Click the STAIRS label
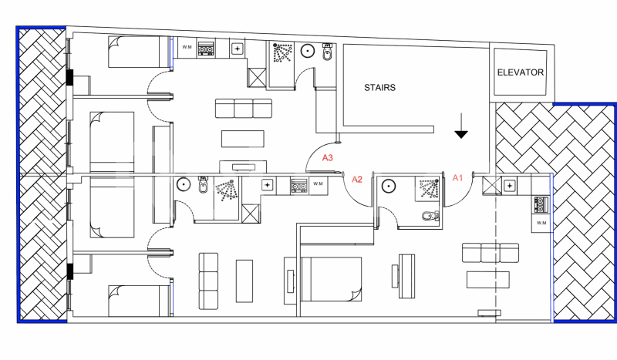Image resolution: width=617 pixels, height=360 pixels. (x=379, y=87)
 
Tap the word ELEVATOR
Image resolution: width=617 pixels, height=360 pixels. (x=520, y=72)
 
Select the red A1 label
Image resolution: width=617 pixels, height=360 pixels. (x=457, y=178)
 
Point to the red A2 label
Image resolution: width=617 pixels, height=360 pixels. (x=357, y=180)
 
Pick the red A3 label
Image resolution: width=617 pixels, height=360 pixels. (x=327, y=158)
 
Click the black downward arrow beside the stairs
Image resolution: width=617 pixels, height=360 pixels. (x=461, y=126)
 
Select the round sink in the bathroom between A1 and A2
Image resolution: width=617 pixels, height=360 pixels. (x=389, y=186)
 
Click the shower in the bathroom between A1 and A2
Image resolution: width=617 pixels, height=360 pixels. (x=428, y=188)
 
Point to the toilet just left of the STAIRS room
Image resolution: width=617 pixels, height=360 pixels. (x=327, y=52)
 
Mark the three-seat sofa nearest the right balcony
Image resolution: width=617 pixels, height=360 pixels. (x=491, y=253)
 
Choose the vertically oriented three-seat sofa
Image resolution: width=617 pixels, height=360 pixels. (x=208, y=281)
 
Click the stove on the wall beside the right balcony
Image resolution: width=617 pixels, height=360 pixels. (x=541, y=205)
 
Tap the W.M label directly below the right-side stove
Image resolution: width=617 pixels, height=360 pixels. (x=541, y=223)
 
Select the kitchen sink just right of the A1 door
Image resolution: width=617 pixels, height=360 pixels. (x=510, y=185)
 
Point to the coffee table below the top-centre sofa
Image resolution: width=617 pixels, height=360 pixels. (x=243, y=139)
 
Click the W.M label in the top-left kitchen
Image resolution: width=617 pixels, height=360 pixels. (x=187, y=47)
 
